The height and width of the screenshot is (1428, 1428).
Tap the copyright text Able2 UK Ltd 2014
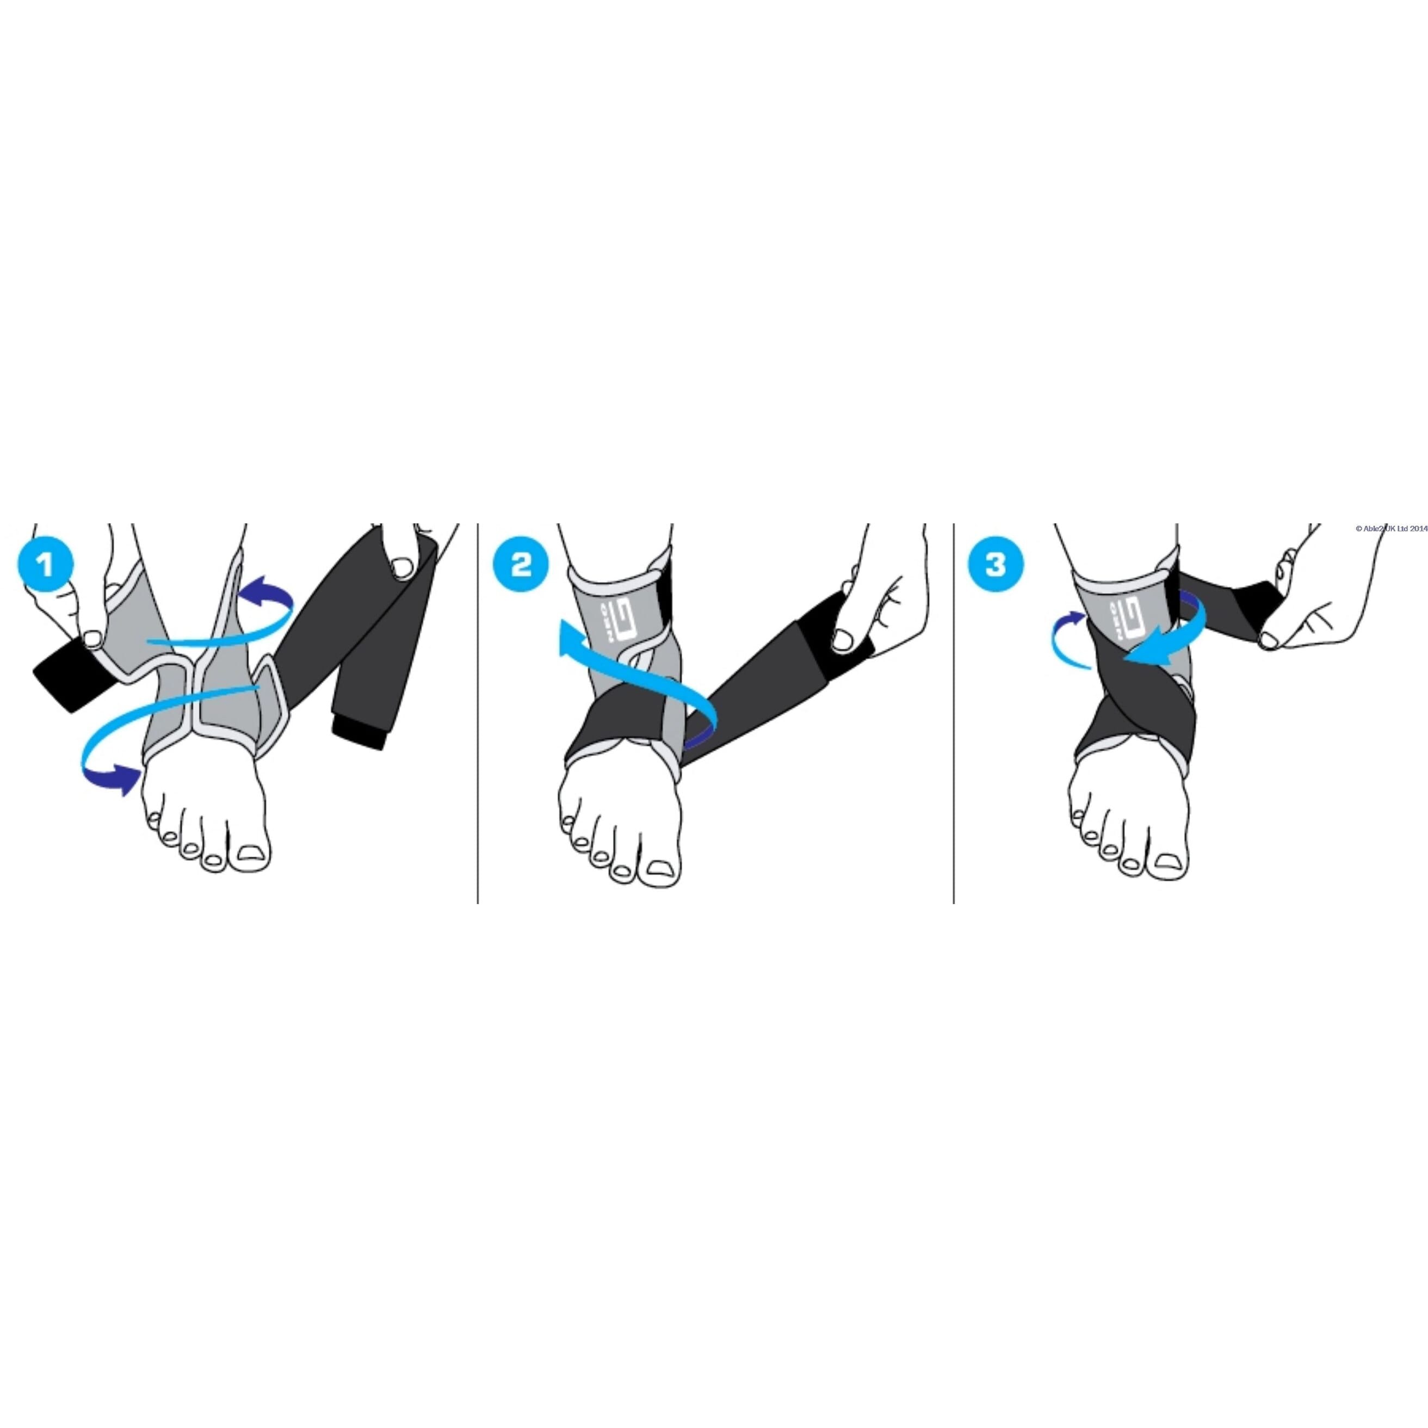click(1391, 528)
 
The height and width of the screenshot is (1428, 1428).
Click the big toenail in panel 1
click(251, 852)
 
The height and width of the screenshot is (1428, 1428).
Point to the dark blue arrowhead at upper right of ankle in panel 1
click(259, 573)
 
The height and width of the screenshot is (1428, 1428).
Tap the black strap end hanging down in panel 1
click(360, 732)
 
